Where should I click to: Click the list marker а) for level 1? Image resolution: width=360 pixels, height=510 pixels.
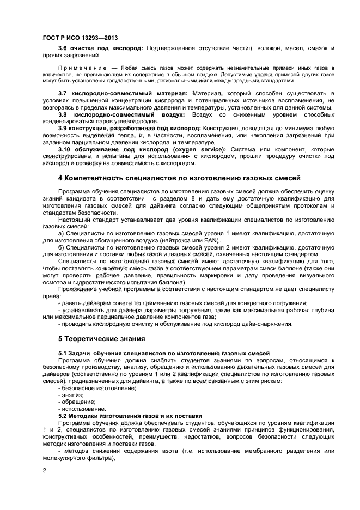pos(61,233)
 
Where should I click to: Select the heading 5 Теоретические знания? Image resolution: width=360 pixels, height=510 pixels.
pos(101,338)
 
